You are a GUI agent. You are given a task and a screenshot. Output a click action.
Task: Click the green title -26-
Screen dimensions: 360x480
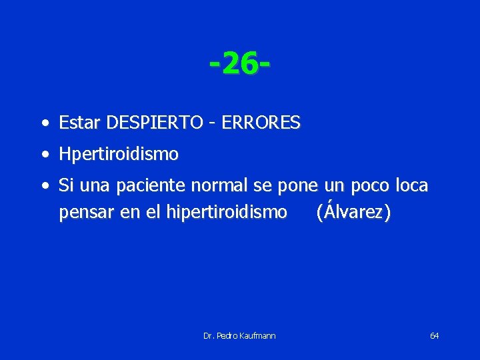tap(239, 65)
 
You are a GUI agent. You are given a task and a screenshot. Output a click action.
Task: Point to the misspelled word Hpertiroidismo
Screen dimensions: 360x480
tap(119, 155)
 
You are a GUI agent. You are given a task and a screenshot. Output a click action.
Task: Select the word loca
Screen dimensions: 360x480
tap(411, 186)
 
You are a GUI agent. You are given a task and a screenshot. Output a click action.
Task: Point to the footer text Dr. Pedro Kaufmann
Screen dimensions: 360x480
tap(239, 335)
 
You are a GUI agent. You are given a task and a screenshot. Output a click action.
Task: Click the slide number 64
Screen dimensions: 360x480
tap(434, 335)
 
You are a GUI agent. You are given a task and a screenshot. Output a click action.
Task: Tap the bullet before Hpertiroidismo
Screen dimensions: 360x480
tap(44, 155)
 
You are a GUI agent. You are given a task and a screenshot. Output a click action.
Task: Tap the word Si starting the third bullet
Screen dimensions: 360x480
tap(65, 185)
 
